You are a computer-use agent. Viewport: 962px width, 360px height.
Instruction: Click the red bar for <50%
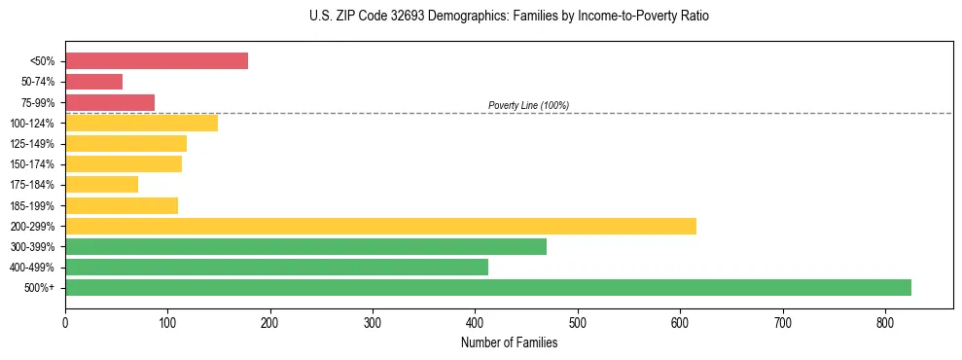point(157,61)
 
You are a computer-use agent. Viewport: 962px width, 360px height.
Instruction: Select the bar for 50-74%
point(94,82)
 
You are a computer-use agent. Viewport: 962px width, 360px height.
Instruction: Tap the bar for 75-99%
point(110,102)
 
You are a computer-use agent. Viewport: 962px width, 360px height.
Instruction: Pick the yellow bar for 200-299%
point(380,226)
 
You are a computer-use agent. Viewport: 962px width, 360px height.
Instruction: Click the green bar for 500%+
point(488,287)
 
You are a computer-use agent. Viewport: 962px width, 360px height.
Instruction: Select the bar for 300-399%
point(305,246)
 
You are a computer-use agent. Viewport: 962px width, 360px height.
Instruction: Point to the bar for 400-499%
point(276,267)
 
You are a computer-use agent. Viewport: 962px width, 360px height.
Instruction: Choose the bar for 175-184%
point(102,185)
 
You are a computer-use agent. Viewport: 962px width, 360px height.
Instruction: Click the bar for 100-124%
point(142,124)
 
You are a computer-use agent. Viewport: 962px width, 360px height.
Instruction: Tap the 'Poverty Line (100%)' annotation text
point(528,105)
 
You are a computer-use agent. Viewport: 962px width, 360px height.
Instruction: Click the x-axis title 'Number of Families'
point(509,342)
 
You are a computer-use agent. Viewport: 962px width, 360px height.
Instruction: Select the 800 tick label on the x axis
point(885,322)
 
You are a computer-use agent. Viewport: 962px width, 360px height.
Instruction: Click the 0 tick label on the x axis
point(65,322)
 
